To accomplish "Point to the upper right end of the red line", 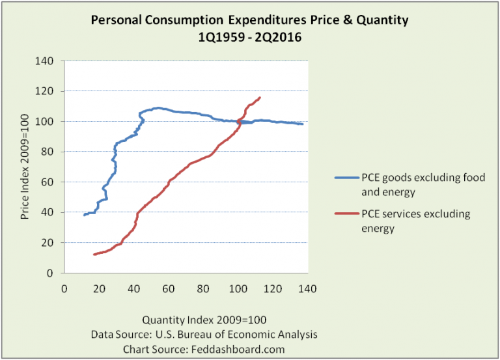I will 260,98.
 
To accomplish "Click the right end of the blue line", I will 303,124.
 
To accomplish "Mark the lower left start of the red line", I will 94,255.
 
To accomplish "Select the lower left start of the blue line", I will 84,215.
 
